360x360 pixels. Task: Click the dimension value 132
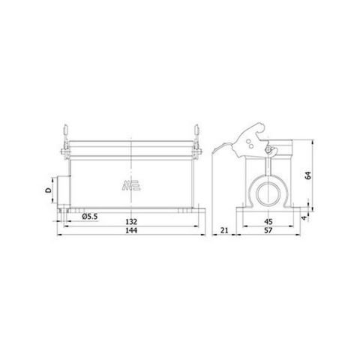point(130,221)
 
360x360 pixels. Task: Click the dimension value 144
point(130,232)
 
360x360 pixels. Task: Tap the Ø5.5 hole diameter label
point(91,217)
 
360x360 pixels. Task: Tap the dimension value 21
point(224,232)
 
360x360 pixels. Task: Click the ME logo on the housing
point(130,184)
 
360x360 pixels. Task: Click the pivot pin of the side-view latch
point(267,150)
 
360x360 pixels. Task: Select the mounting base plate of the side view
point(266,211)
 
